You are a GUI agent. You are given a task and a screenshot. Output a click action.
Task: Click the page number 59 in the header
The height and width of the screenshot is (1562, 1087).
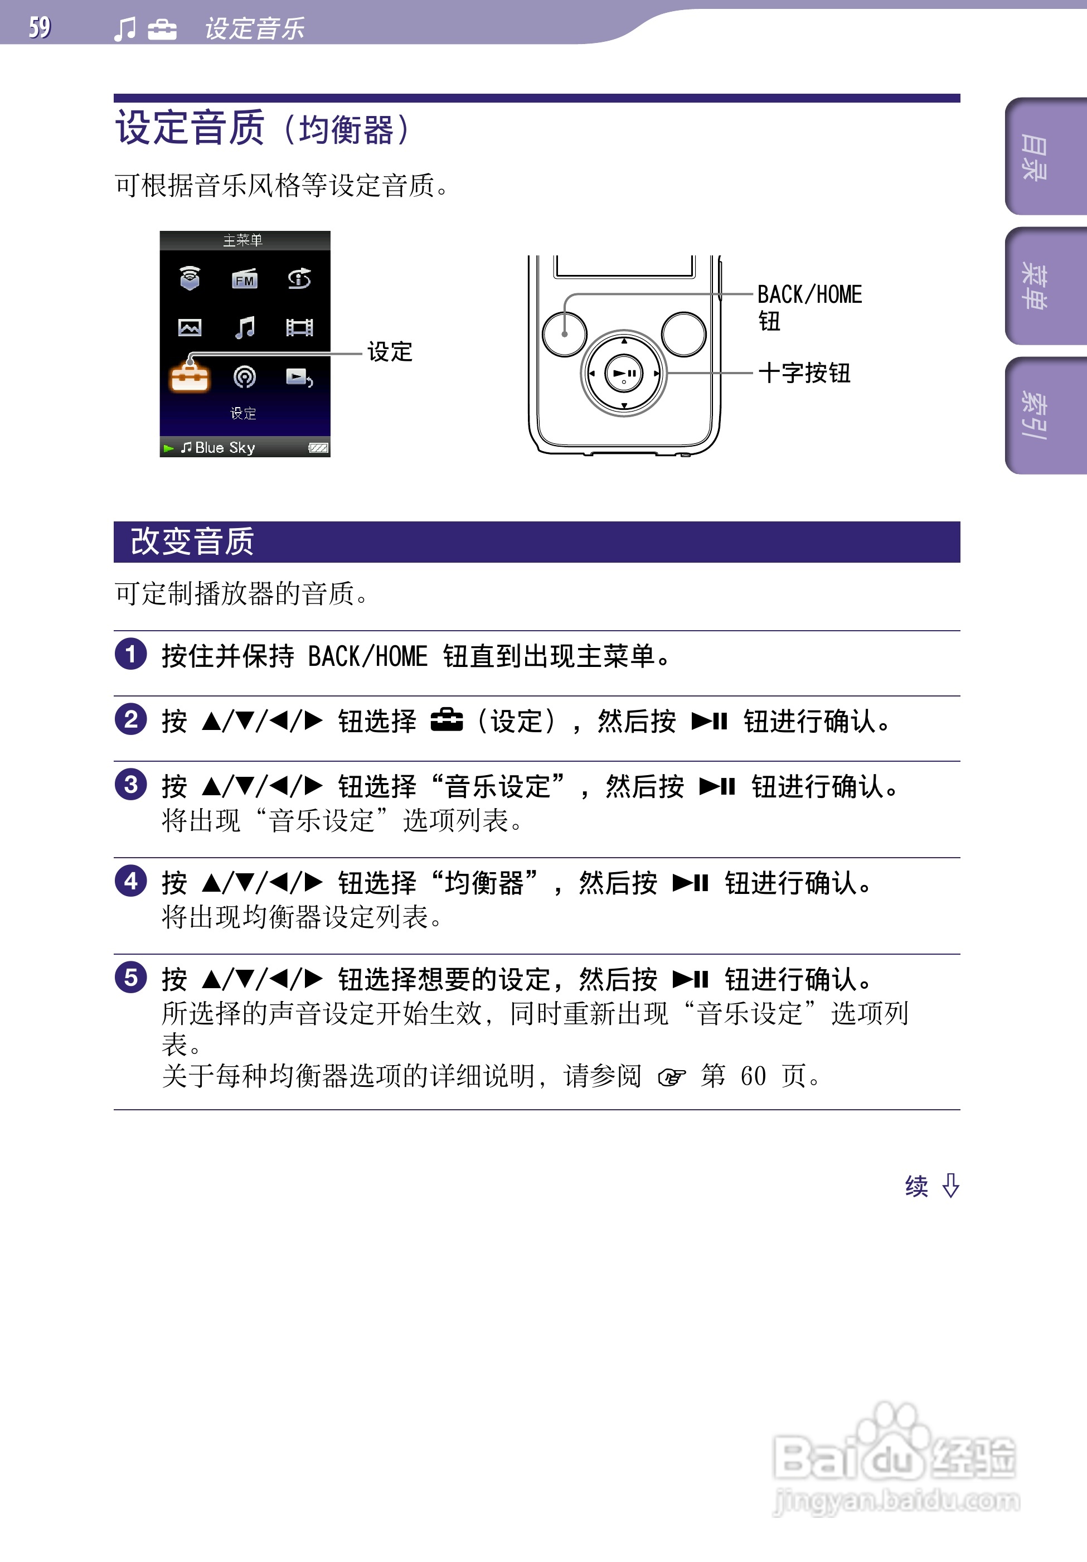click(40, 27)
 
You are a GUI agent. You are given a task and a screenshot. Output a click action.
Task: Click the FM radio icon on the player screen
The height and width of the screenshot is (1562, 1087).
click(244, 279)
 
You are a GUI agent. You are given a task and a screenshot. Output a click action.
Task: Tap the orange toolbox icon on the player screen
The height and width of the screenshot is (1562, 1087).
click(190, 377)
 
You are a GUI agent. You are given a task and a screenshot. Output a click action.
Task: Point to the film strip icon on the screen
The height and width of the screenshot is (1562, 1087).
click(299, 328)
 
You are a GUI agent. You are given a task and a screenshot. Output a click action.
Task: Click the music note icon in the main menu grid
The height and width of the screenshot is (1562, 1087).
click(245, 328)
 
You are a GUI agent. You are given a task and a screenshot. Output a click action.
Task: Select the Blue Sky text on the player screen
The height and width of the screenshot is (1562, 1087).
click(225, 448)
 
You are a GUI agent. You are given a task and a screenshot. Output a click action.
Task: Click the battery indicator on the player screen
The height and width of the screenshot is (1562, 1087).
click(318, 448)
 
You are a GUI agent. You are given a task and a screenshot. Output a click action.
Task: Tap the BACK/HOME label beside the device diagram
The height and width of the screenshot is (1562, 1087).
click(809, 295)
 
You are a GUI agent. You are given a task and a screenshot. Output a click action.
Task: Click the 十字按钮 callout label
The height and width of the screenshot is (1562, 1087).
click(804, 373)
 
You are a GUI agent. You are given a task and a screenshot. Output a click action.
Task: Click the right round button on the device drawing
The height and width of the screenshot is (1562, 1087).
click(683, 334)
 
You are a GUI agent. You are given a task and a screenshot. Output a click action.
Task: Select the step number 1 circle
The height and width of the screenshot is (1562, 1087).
click(130, 655)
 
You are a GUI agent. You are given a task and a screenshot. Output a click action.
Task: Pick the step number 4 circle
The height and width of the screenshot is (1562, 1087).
click(130, 882)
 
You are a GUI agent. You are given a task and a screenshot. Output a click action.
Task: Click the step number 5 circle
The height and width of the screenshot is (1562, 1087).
click(130, 978)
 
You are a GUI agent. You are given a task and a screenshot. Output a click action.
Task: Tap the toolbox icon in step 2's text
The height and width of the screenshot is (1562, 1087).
click(447, 720)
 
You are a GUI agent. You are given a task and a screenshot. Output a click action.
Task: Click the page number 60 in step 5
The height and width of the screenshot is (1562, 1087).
click(753, 1076)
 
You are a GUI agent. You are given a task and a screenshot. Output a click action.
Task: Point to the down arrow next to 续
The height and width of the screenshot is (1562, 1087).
click(950, 1186)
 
